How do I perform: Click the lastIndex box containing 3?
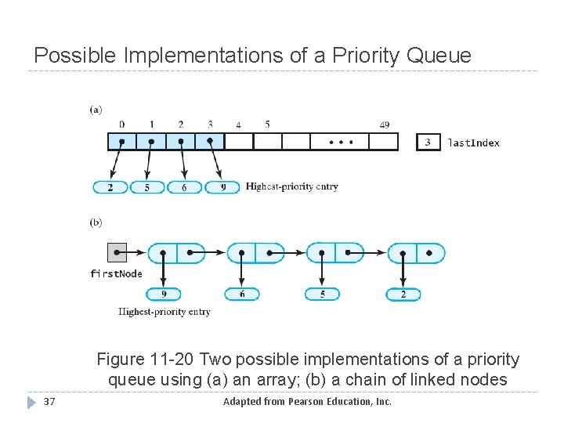click(428, 142)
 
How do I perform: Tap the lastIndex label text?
click(473, 143)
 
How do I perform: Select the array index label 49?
click(384, 125)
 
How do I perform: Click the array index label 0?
click(121, 125)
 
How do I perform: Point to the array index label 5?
click(267, 125)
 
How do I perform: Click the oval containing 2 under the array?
click(110, 187)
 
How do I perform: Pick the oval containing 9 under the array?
click(222, 187)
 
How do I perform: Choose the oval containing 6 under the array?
click(184, 187)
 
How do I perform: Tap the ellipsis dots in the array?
click(340, 142)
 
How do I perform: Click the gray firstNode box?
click(116, 252)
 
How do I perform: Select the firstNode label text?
click(116, 273)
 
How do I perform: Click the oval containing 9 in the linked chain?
click(163, 295)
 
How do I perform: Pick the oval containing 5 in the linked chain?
click(322, 295)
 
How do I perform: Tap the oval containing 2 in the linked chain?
click(403, 295)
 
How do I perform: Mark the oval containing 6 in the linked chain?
click(241, 295)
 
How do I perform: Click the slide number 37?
click(49, 402)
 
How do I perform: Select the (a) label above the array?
click(96, 110)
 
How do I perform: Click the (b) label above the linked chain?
click(96, 222)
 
